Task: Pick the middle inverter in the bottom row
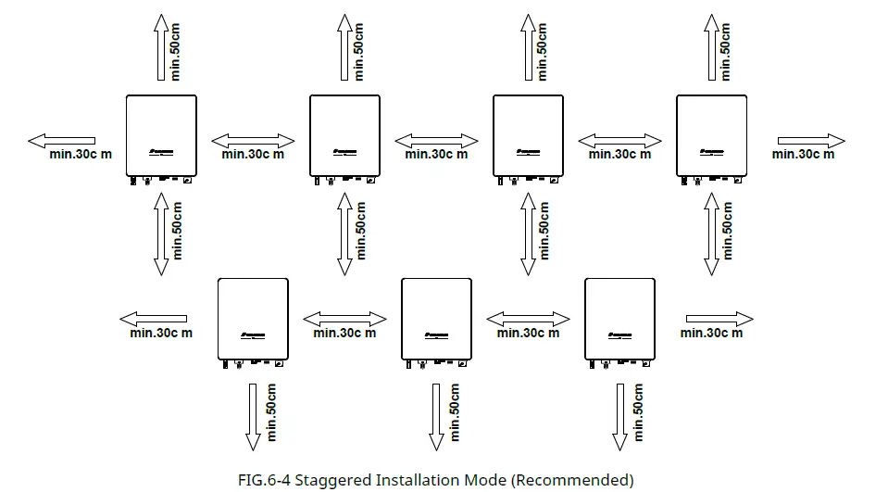coord(437,319)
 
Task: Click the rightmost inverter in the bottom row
coord(621,319)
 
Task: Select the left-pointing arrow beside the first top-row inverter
coord(61,141)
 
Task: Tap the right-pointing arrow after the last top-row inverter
coord(810,141)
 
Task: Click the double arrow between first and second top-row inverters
coord(253,141)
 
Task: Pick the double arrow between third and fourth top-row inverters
coord(620,141)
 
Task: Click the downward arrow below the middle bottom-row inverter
coord(437,415)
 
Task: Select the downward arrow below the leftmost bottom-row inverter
coord(253,415)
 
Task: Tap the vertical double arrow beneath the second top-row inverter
coord(344,233)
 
